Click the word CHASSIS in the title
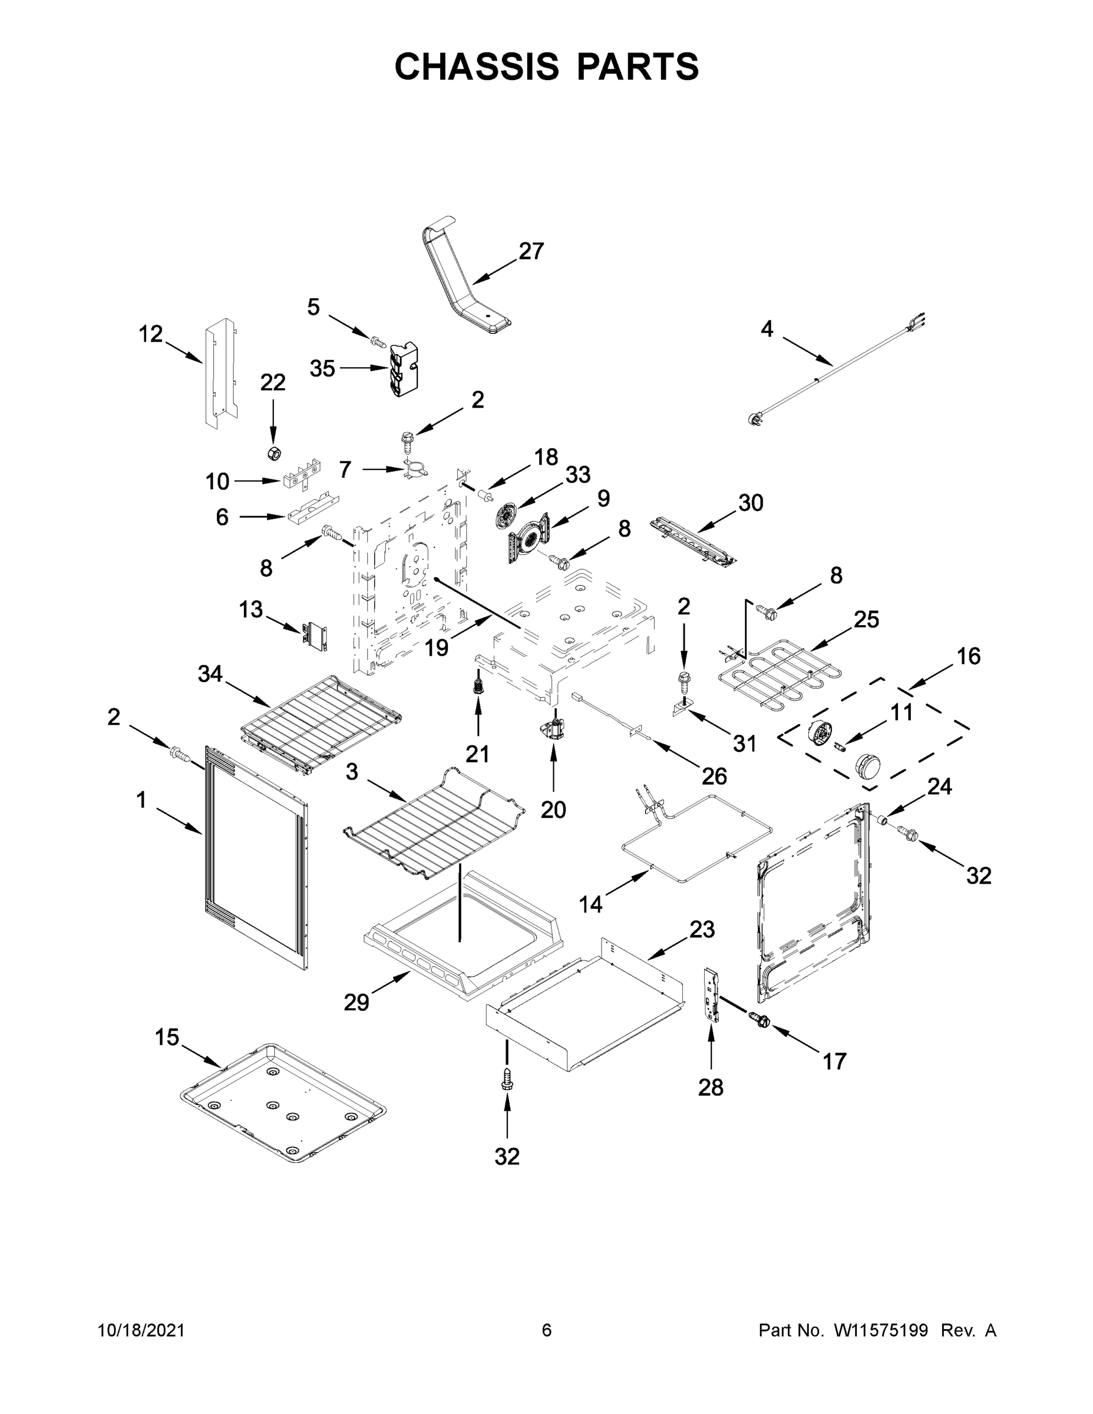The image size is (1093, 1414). pyautogui.click(x=477, y=67)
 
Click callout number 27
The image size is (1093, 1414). pyautogui.click(x=531, y=251)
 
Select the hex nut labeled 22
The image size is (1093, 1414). pyautogui.click(x=274, y=452)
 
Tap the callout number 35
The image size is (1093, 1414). pyautogui.click(x=322, y=368)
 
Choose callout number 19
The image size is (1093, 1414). pyautogui.click(x=437, y=647)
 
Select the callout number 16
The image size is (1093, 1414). pyautogui.click(x=969, y=656)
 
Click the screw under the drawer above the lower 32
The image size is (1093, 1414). pyautogui.click(x=507, y=1078)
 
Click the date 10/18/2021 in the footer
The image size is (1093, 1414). pyautogui.click(x=141, y=1330)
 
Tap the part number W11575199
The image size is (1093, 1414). pyautogui.click(x=881, y=1330)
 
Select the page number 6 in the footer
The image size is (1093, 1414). pyautogui.click(x=547, y=1330)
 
